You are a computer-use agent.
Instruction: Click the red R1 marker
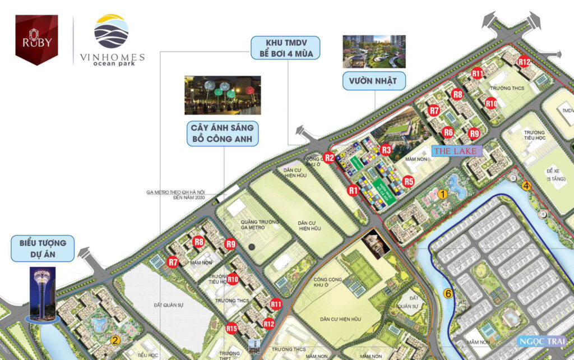[353, 190]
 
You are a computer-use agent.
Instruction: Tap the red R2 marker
[330, 158]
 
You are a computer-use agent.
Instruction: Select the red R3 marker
[386, 150]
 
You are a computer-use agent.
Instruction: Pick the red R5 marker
[409, 181]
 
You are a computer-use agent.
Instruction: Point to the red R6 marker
[448, 132]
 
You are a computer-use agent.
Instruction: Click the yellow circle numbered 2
[115, 339]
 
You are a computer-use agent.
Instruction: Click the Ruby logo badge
[36, 39]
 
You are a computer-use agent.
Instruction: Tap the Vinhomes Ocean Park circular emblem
[111, 31]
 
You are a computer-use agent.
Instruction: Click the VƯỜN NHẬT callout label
[374, 81]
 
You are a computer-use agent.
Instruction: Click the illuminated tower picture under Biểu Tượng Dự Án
[42, 294]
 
